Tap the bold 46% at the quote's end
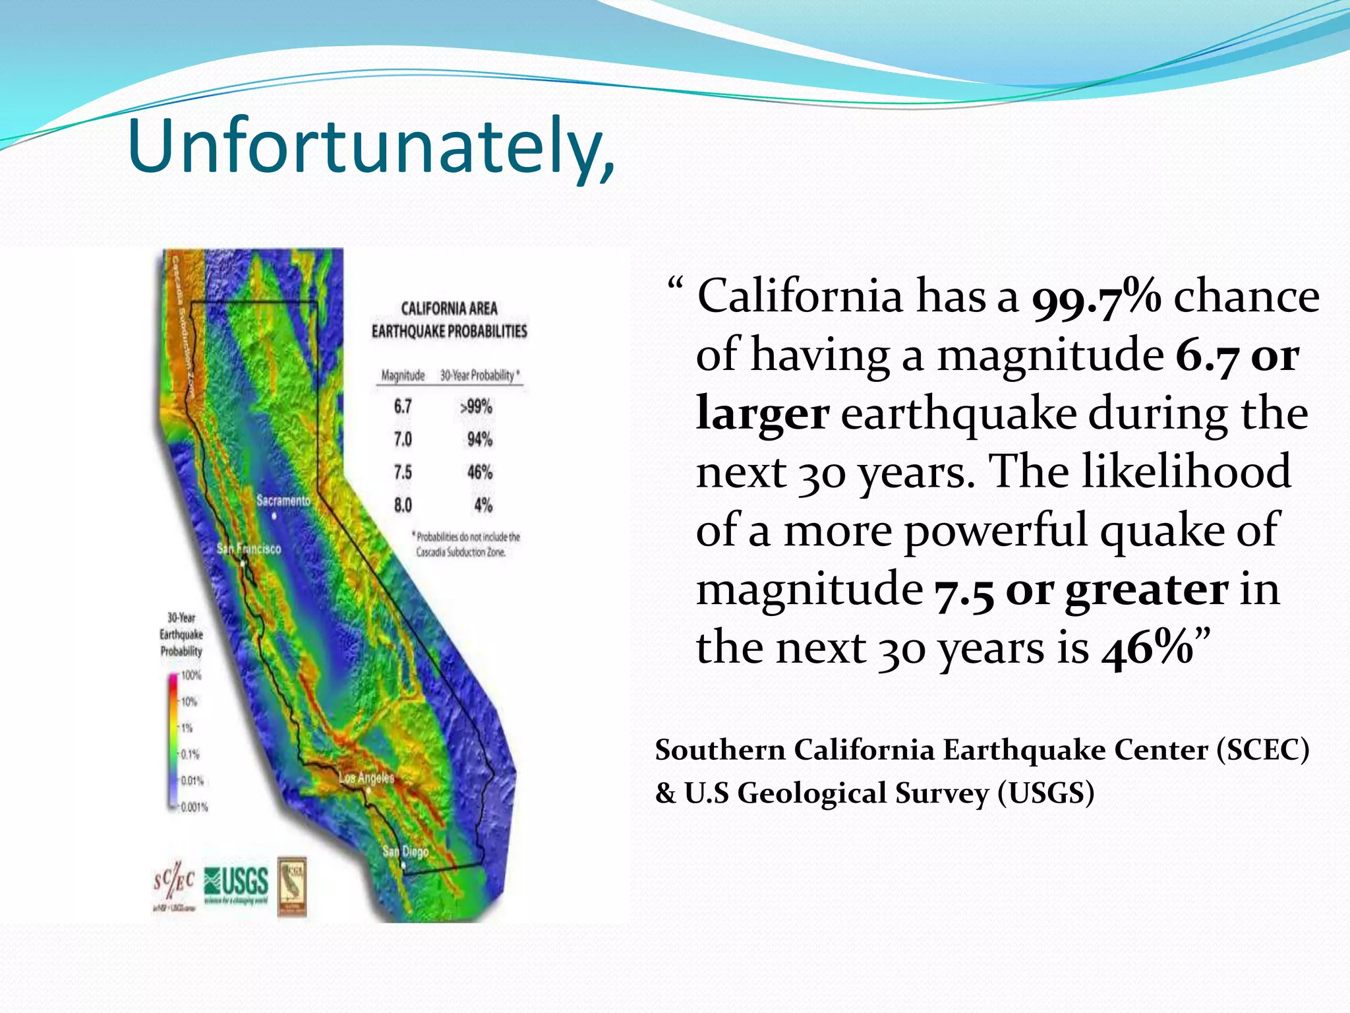[1148, 649]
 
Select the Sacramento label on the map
[283, 501]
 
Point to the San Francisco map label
[249, 549]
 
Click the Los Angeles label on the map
[367, 778]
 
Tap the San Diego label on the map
[405, 851]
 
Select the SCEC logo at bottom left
[174, 884]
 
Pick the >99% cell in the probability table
[476, 407]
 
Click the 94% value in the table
[479, 439]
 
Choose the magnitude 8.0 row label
[403, 505]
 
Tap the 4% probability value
[483, 505]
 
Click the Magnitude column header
[403, 375]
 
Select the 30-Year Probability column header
[479, 375]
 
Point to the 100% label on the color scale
[191, 675]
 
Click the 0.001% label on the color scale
[194, 807]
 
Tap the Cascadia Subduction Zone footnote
[467, 544]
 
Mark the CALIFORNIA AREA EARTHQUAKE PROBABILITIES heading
[449, 320]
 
